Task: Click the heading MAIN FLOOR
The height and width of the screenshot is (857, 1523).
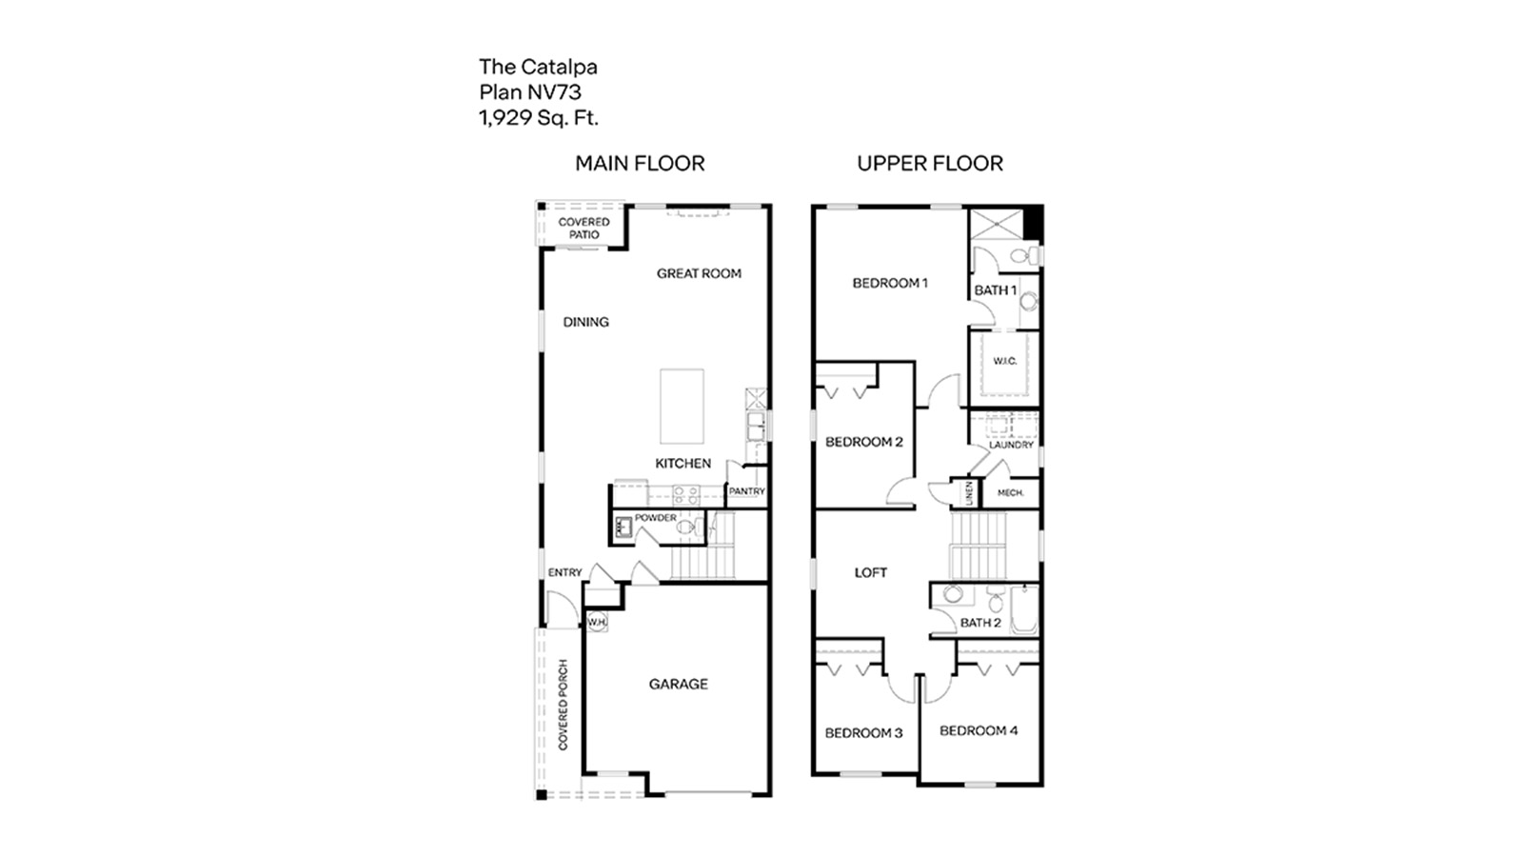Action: pyautogui.click(x=640, y=164)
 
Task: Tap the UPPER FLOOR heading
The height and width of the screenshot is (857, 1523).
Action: pyautogui.click(x=929, y=164)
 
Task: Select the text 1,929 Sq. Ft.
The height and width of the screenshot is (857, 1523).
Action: pyautogui.click(x=539, y=118)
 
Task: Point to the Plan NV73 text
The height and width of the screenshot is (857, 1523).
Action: pyautogui.click(x=529, y=92)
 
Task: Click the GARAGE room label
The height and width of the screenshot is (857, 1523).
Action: pyautogui.click(x=678, y=684)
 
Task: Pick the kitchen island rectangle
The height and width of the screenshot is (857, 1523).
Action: pyautogui.click(x=682, y=407)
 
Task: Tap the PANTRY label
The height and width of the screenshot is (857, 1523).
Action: pyautogui.click(x=746, y=491)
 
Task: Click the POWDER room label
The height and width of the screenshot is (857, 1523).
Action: pyautogui.click(x=655, y=518)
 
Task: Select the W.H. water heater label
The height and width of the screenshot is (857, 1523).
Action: pyautogui.click(x=597, y=622)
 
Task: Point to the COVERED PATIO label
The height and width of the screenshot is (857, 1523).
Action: pyautogui.click(x=583, y=229)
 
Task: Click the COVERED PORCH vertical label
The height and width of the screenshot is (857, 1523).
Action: pyautogui.click(x=563, y=705)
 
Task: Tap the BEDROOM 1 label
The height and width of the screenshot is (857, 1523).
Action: pyautogui.click(x=889, y=283)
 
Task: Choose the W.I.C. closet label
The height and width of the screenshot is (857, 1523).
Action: pyautogui.click(x=1004, y=361)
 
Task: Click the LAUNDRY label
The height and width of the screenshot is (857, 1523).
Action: pyautogui.click(x=1010, y=445)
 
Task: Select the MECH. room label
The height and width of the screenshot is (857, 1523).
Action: pyautogui.click(x=1010, y=492)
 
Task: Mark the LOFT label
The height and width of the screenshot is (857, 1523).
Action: pyautogui.click(x=870, y=572)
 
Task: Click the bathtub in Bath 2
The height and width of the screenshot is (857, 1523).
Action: pyautogui.click(x=1023, y=609)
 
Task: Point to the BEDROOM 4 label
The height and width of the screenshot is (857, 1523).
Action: pyautogui.click(x=978, y=730)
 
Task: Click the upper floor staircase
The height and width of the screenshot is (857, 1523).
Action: pyautogui.click(x=978, y=545)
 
